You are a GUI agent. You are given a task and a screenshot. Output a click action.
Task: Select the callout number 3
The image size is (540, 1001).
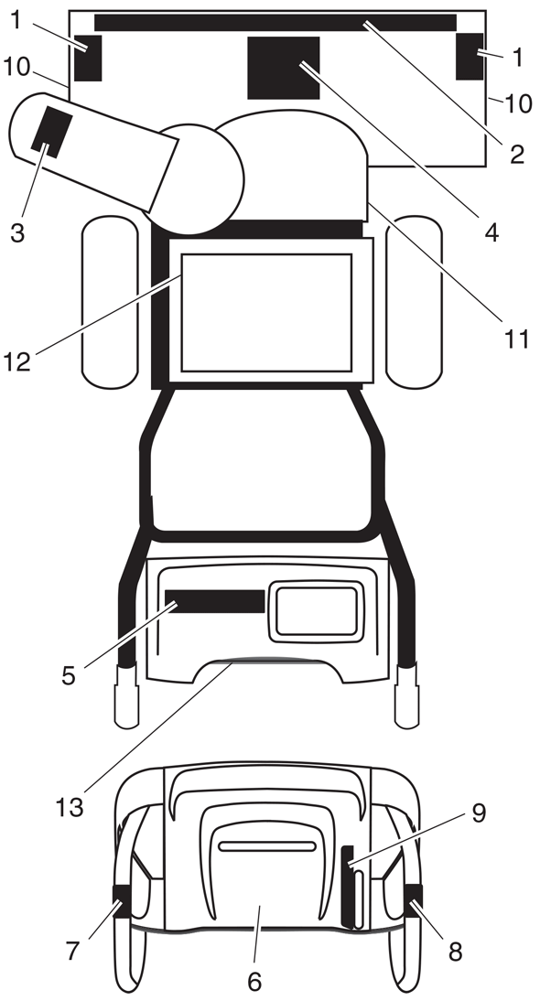(x=17, y=232)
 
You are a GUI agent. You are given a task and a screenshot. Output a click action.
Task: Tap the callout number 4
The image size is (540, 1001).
(x=491, y=232)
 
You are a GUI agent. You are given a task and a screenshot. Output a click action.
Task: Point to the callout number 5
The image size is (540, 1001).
(x=69, y=675)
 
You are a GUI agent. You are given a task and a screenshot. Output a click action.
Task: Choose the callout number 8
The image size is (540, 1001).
(x=454, y=952)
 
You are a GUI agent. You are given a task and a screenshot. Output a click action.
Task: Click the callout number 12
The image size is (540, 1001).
(x=17, y=361)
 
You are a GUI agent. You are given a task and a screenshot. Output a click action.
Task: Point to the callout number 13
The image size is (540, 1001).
(x=69, y=807)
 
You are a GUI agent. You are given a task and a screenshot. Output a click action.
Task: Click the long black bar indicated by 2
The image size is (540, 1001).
(x=275, y=22)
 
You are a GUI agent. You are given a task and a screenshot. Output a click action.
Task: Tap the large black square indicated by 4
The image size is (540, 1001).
(x=284, y=68)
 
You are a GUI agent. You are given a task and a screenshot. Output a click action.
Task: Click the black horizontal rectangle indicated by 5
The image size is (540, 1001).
(x=214, y=601)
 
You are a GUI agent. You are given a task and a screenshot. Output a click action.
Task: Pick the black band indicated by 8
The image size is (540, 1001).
(x=413, y=900)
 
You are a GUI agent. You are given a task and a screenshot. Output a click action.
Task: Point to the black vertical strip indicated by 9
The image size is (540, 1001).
(x=348, y=888)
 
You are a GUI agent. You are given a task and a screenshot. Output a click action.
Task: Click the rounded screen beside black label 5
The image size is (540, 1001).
(x=317, y=611)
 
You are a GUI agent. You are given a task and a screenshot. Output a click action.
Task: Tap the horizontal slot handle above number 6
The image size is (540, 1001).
(x=267, y=846)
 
